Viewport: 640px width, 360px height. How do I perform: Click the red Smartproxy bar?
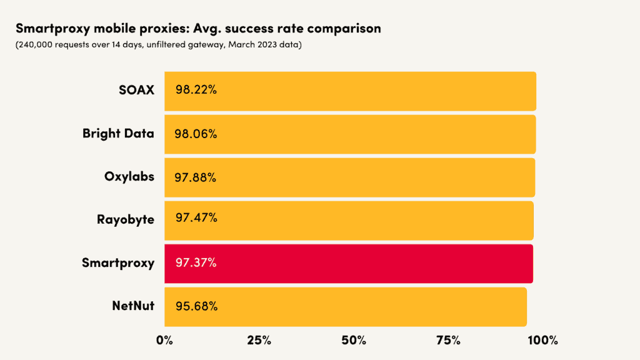pyautogui.click(x=349, y=264)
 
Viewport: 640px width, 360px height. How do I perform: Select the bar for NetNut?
pyautogui.click(x=346, y=307)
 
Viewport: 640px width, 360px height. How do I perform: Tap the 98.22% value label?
pyautogui.click(x=196, y=90)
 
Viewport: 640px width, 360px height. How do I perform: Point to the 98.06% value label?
pyautogui.click(x=196, y=134)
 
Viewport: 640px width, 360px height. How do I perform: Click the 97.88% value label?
pyautogui.click(x=196, y=177)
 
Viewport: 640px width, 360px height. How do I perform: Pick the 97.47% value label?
pyautogui.click(x=196, y=218)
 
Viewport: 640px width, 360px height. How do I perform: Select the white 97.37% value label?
pyautogui.click(x=196, y=263)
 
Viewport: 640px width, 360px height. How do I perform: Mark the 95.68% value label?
pyautogui.click(x=196, y=306)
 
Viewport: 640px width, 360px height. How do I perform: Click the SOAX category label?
pyautogui.click(x=136, y=90)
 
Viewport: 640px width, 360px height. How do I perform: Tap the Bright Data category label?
pyautogui.click(x=118, y=134)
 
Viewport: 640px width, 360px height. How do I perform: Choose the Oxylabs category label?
pyautogui.click(x=129, y=176)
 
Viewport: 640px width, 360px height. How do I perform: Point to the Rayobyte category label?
pyautogui.click(x=126, y=220)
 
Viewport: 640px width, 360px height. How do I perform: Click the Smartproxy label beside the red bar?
pyautogui.click(x=118, y=263)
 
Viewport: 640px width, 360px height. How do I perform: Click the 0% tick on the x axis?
pyautogui.click(x=164, y=341)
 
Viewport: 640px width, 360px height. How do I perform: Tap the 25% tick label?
pyautogui.click(x=259, y=341)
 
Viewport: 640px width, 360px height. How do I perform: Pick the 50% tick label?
pyautogui.click(x=354, y=341)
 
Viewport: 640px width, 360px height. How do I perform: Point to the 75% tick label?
pyautogui.click(x=448, y=341)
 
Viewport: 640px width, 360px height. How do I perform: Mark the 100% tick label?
pyautogui.click(x=542, y=341)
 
